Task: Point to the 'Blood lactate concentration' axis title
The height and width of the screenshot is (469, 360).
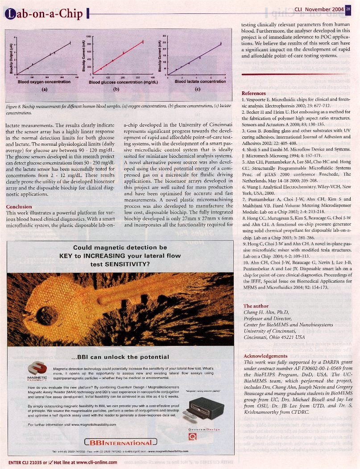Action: point(200,82)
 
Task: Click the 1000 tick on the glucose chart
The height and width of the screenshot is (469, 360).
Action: point(89,36)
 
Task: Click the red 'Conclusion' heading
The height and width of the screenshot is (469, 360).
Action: point(19,207)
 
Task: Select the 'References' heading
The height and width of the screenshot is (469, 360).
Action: point(253,93)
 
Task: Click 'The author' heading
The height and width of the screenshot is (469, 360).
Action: point(256,306)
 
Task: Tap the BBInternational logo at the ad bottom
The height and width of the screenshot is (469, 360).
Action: point(121,443)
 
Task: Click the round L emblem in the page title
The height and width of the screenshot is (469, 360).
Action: point(9,14)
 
